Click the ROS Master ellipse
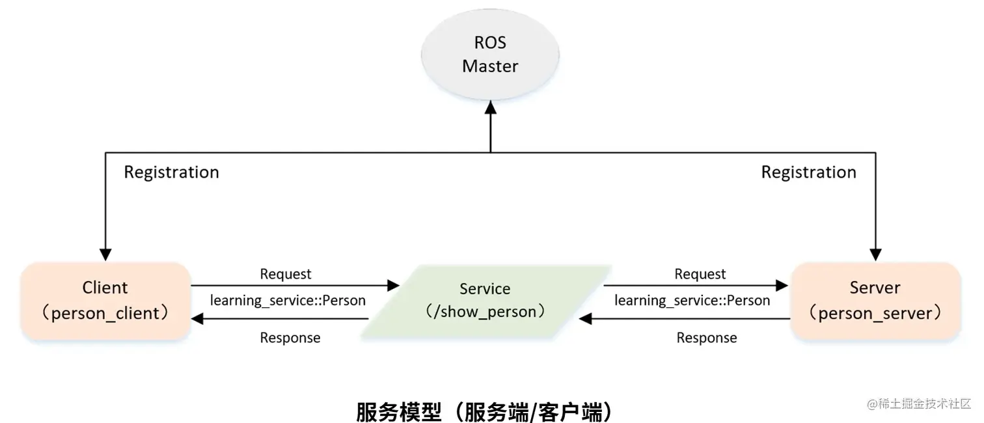pos(490,55)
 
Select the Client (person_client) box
pos(105,301)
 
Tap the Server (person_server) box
pos(875,301)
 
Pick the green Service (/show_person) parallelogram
pos(486,301)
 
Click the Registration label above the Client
pos(171,172)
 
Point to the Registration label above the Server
pos(808,172)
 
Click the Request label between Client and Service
pos(286,274)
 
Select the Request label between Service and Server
pos(700,274)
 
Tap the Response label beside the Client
pos(290,338)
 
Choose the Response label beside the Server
pos(707,338)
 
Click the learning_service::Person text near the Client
pos(288,300)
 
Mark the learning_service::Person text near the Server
pos(692,300)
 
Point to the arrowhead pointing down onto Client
pos(105,254)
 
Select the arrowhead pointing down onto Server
pos(875,254)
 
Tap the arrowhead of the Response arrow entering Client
pos(197,319)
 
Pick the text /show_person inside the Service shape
pos(485,312)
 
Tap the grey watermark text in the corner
pos(918,403)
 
